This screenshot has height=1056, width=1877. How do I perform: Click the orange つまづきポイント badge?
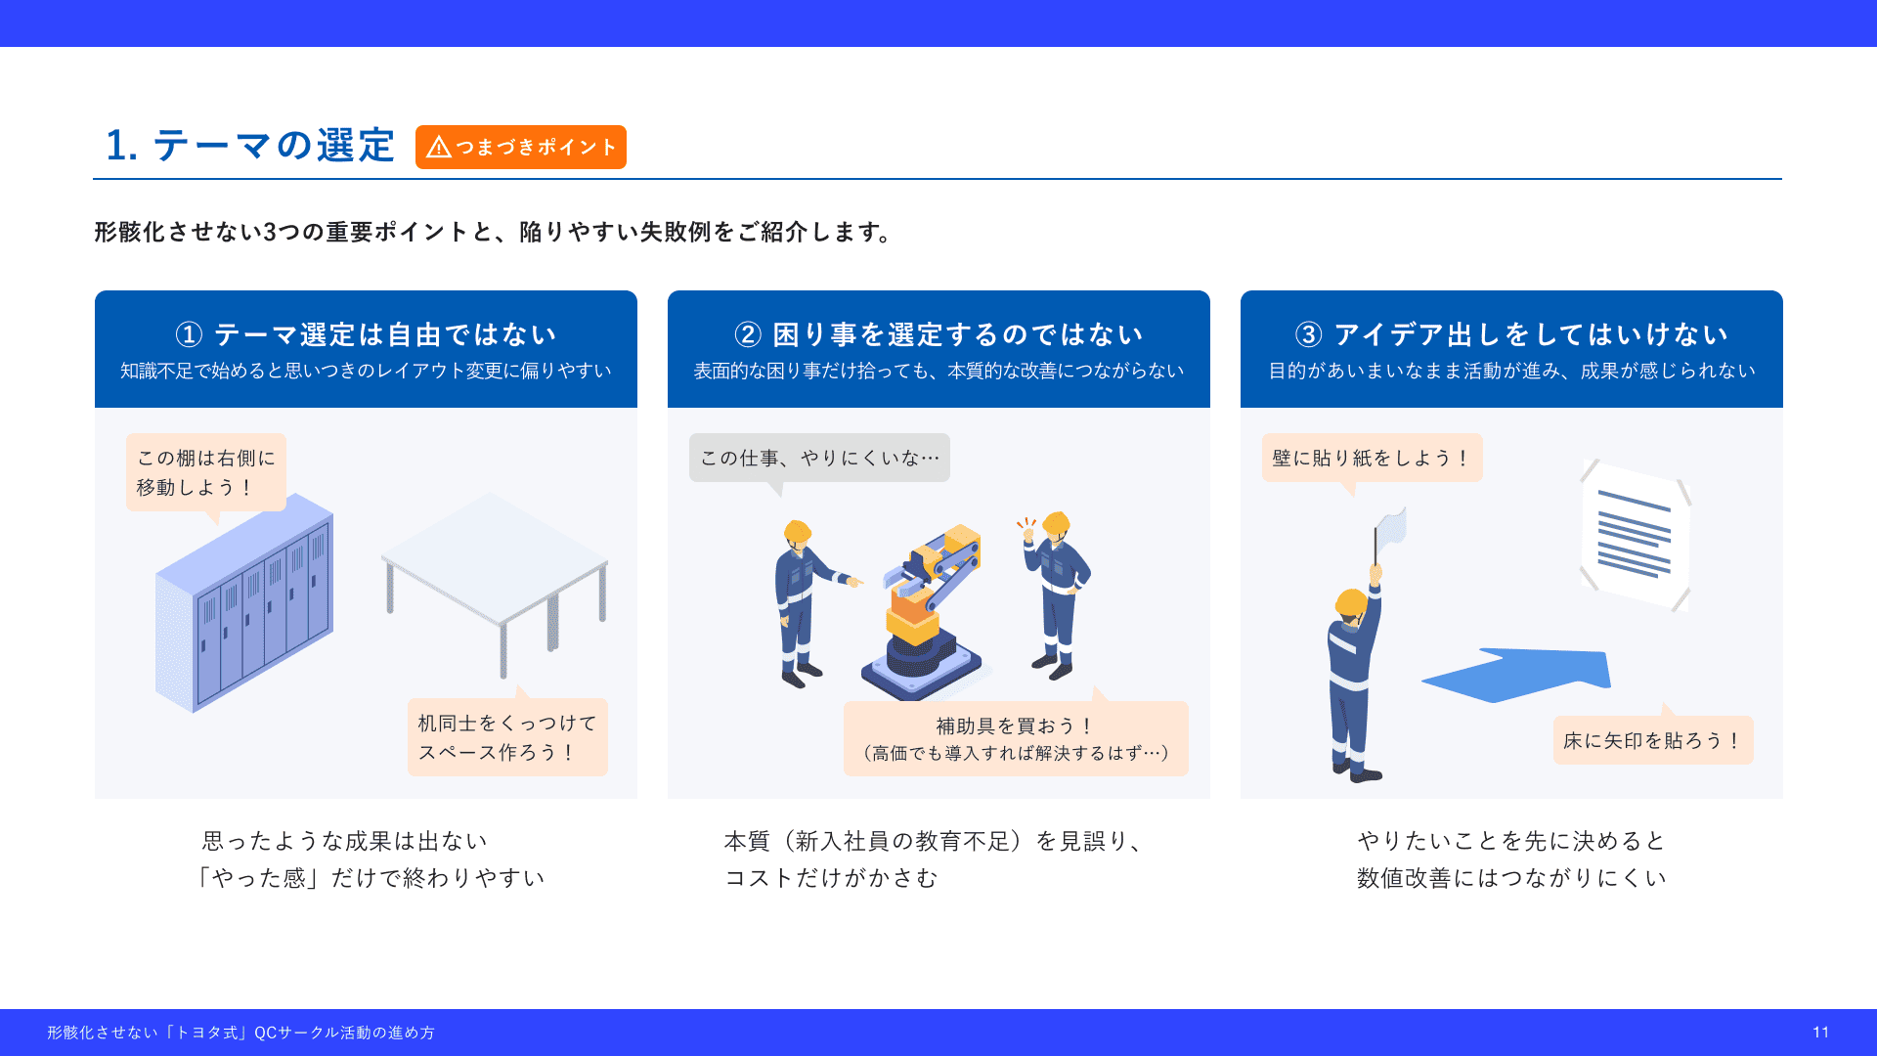point(520,147)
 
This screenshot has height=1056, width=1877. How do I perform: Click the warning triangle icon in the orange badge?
point(439,147)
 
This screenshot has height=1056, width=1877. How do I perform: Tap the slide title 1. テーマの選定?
point(250,146)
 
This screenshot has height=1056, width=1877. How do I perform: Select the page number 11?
point(1820,1033)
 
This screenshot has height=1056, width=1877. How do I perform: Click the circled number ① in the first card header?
point(189,334)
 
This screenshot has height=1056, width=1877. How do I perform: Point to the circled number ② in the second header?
point(748,334)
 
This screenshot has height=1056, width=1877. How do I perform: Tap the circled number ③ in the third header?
point(1309,334)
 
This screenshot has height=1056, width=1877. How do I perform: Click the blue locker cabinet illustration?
point(244,601)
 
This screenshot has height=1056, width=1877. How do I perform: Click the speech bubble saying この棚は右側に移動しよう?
point(206,472)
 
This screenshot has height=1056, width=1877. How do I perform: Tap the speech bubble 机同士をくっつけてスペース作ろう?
point(507,736)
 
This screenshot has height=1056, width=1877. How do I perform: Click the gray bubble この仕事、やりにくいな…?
point(819,458)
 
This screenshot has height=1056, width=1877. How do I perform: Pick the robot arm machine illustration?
point(922,611)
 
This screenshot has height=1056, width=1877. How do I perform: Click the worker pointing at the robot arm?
point(808,603)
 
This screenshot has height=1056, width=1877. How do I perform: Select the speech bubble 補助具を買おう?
point(1016,738)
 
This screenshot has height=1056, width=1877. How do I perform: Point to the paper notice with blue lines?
point(1636,535)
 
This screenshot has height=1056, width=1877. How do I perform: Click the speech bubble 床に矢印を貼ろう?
point(1653,739)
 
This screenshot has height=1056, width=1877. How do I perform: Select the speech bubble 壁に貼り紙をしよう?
point(1372,458)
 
